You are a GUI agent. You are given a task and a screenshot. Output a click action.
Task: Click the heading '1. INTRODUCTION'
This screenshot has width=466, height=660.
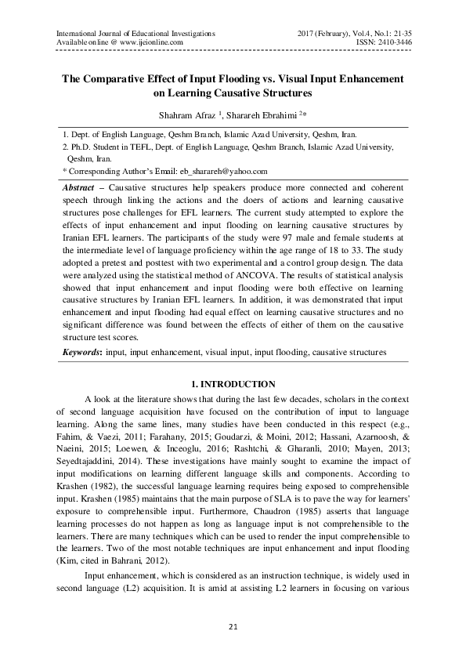click(x=233, y=383)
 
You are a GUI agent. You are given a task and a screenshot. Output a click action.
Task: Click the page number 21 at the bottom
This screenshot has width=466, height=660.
click(x=233, y=628)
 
